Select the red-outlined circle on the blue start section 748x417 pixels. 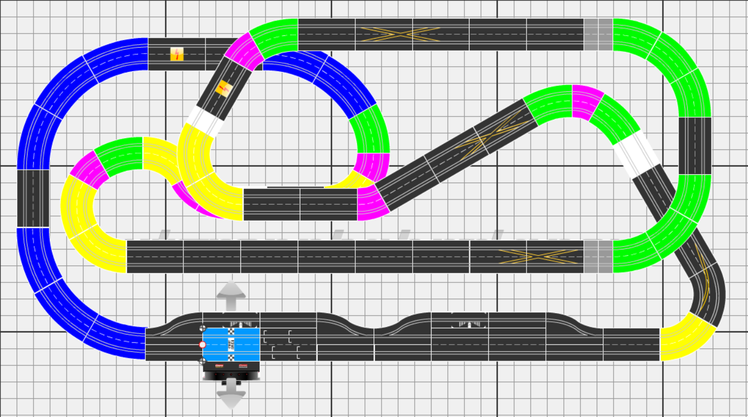coord(202,345)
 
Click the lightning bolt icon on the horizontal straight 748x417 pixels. coord(176,54)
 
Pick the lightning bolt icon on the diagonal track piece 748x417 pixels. coord(223,88)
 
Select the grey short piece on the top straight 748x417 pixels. coord(598,34)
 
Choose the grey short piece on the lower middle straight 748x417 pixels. coord(598,257)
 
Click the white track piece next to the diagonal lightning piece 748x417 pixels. coord(204,121)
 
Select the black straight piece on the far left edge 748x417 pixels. coord(33,198)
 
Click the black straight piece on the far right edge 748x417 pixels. coord(694,145)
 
